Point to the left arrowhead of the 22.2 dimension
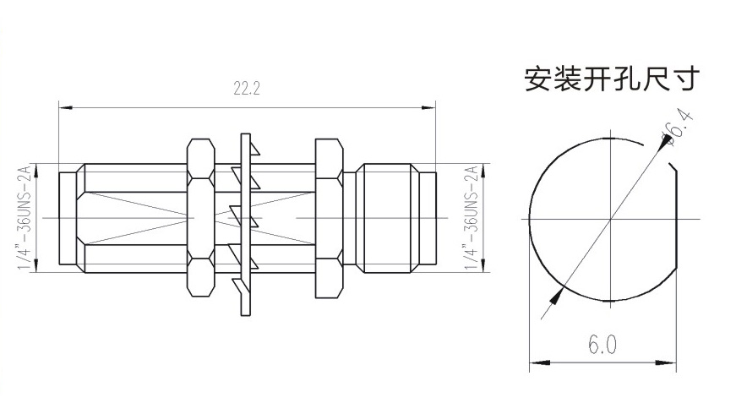click(x=64, y=107)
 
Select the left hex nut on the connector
click(x=199, y=218)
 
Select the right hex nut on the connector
click(x=328, y=218)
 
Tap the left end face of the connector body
click(x=59, y=218)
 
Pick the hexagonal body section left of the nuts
click(x=135, y=218)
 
